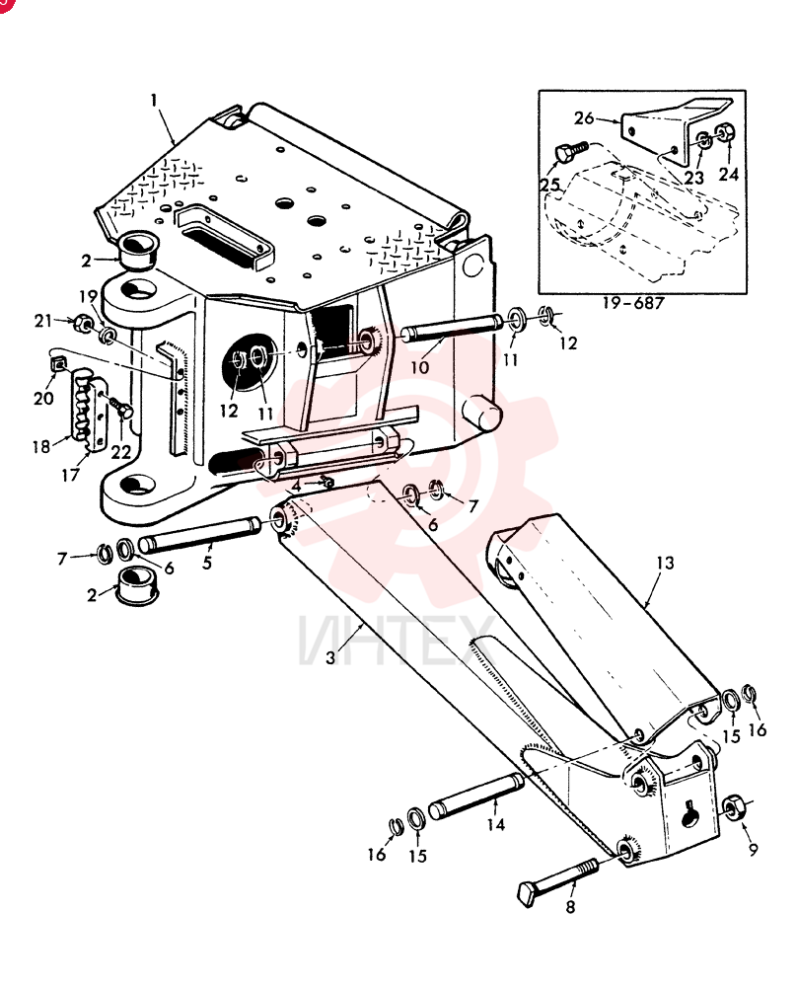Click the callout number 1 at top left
pyautogui.click(x=154, y=101)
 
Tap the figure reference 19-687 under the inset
pyautogui.click(x=633, y=303)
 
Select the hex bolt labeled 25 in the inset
pyautogui.click(x=570, y=152)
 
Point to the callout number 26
pyautogui.click(x=584, y=117)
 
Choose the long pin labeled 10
pyautogui.click(x=452, y=330)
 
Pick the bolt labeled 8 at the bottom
pyautogui.click(x=556, y=876)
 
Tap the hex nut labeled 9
pyautogui.click(x=732, y=808)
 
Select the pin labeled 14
pyautogui.click(x=475, y=795)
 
